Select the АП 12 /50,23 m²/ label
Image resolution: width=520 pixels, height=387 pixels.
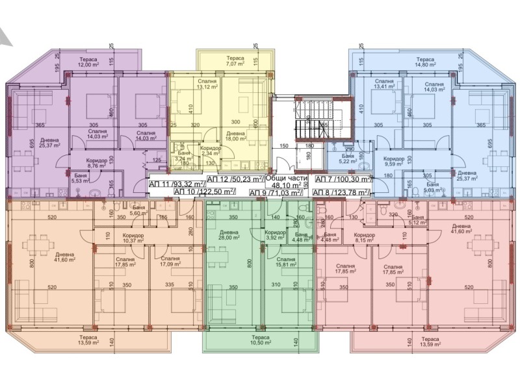(x=235, y=179)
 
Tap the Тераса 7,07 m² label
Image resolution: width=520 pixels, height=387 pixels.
(x=231, y=61)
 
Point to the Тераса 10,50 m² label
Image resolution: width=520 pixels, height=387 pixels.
(x=262, y=340)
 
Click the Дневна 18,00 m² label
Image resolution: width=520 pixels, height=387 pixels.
(x=236, y=135)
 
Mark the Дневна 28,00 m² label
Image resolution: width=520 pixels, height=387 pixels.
(x=229, y=235)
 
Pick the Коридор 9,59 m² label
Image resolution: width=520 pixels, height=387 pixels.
(x=393, y=161)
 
